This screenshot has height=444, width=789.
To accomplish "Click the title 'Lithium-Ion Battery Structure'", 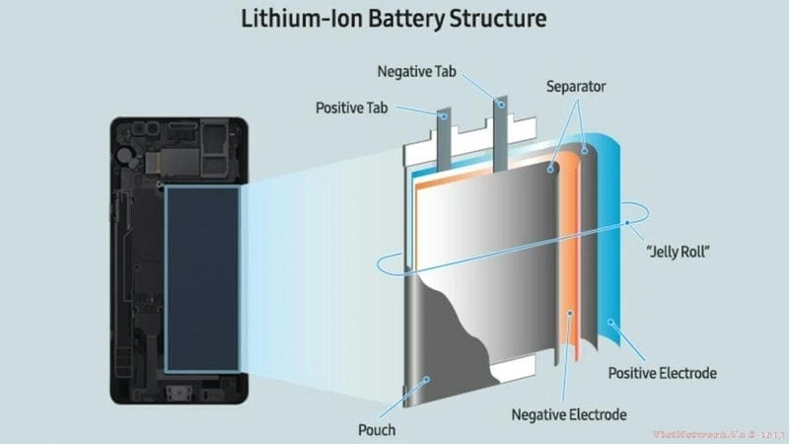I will coord(394,21).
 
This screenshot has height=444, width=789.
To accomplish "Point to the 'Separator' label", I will coord(577,87).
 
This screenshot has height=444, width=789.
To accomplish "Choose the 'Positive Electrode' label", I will coord(670,373).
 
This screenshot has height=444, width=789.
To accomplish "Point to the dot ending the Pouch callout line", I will coord(425,377).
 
